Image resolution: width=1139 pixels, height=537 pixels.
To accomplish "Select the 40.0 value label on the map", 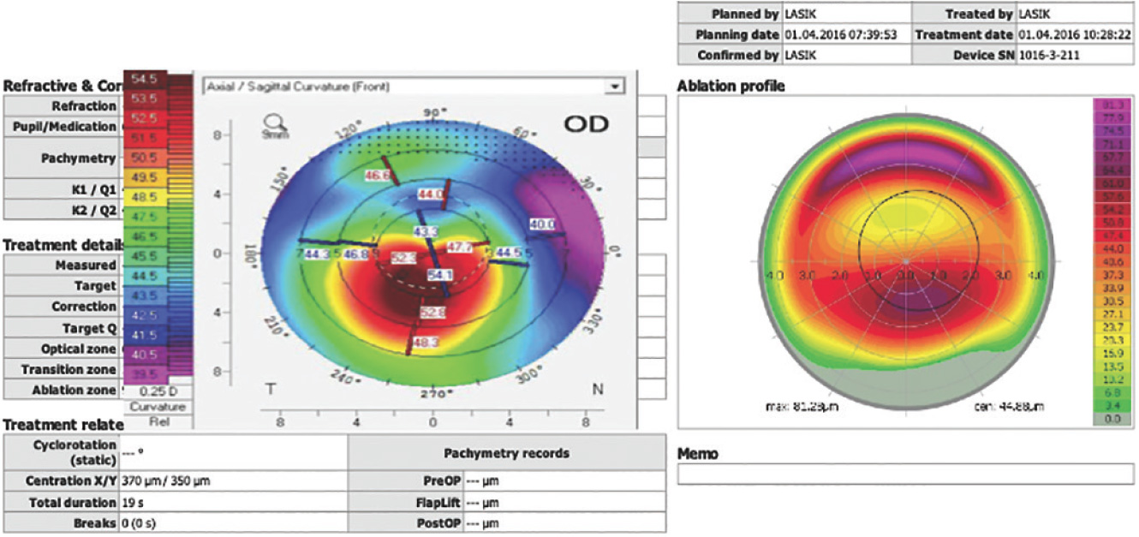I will pyautogui.click(x=541, y=224).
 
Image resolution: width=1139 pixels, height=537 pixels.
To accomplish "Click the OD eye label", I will pyautogui.click(x=586, y=124).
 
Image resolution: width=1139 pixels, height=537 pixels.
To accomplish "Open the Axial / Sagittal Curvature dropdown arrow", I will pyautogui.click(x=613, y=87).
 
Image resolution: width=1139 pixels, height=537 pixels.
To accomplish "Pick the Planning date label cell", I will pyautogui.click(x=729, y=35).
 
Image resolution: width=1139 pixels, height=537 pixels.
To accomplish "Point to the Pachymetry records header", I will pyautogui.click(x=506, y=454).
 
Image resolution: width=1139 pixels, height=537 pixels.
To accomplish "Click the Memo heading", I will pyautogui.click(x=697, y=454).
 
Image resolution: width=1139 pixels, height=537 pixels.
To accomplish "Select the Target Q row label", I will pyautogui.click(x=88, y=328).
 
